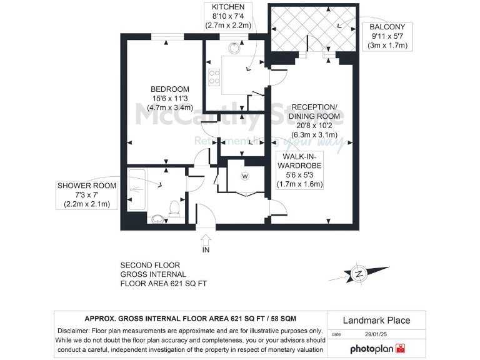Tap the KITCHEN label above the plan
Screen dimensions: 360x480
pyautogui.click(x=227, y=7)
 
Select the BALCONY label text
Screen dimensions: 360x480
pyautogui.click(x=387, y=27)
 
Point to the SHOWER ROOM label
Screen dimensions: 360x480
pyautogui.click(x=87, y=186)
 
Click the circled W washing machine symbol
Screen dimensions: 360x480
pyautogui.click(x=244, y=176)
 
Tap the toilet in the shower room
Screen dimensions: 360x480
pyautogui.click(x=175, y=207)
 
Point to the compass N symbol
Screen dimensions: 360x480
pyautogui.click(x=359, y=273)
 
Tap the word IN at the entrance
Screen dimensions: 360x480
pyautogui.click(x=206, y=250)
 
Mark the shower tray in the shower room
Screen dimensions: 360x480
pyautogui.click(x=137, y=187)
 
